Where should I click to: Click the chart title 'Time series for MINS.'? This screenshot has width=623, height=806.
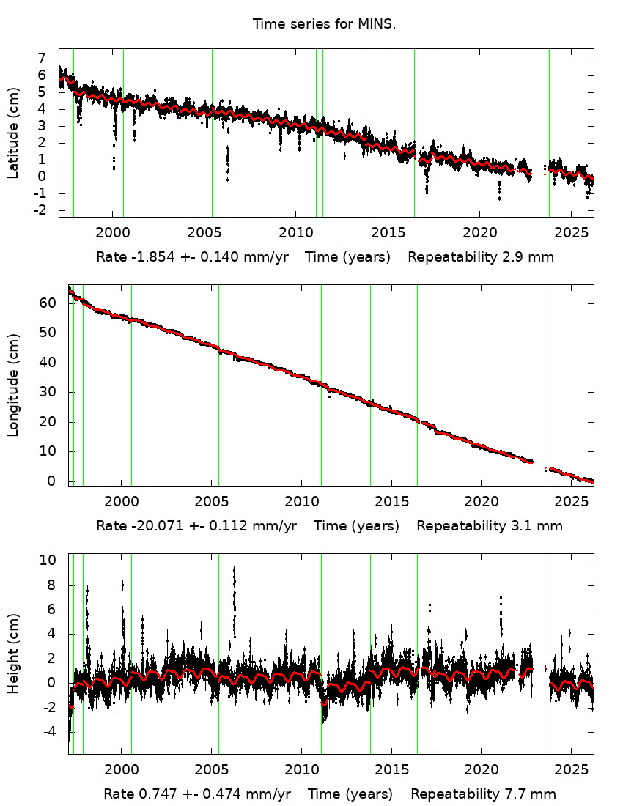pos(324,24)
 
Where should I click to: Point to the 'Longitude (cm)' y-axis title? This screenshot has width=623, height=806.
pos(13,385)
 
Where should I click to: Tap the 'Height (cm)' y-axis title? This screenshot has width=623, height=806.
pos(13,654)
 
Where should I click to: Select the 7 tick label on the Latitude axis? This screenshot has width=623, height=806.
pos(43,59)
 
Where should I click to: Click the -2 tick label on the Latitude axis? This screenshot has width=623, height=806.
pos(40,210)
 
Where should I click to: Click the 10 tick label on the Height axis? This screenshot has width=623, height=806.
pos(48,560)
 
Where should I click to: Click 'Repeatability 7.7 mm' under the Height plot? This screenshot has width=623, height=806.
pos(483,794)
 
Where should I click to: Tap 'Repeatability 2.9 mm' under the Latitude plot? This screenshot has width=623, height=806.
pos(480,257)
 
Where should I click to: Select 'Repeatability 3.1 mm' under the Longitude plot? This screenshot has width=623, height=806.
pos(490,526)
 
